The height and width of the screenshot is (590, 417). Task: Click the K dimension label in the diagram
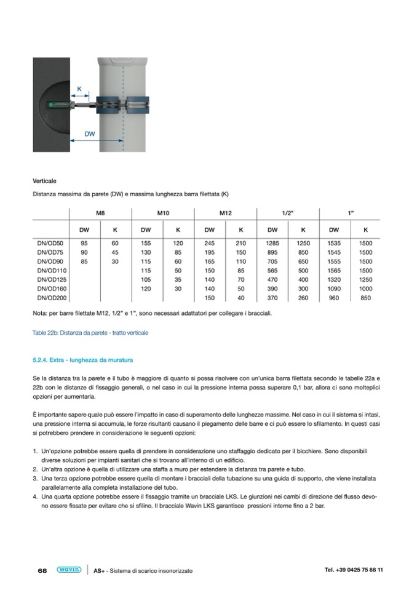[79, 89]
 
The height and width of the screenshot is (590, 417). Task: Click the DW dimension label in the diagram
[89, 134]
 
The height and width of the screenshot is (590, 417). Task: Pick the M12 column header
[225, 213]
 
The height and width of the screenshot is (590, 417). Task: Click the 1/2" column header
[287, 213]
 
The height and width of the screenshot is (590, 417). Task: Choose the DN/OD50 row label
[50, 244]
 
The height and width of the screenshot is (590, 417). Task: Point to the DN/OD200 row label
[52, 298]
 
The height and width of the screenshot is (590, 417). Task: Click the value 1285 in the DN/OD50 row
[272, 244]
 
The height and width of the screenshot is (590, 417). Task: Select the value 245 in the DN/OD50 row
[209, 244]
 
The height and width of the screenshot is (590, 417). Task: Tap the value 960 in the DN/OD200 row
[335, 298]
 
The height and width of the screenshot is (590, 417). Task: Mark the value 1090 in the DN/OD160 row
[334, 289]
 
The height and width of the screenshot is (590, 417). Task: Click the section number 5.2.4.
[42, 359]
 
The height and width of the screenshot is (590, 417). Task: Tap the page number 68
[42, 570]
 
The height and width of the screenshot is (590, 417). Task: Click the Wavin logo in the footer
[68, 570]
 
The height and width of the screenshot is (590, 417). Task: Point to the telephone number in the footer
[354, 570]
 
